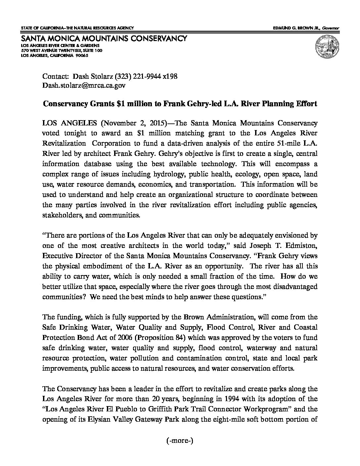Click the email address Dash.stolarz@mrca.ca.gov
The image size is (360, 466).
[84, 85]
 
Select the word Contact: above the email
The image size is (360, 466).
[56, 76]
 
